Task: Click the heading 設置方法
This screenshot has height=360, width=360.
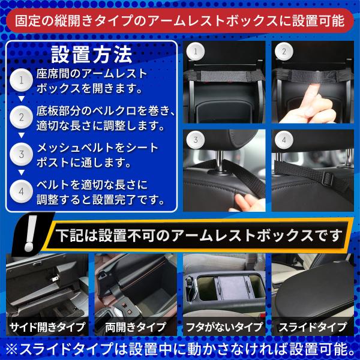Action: tap(92, 55)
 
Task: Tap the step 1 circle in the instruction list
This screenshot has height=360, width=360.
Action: tap(22, 80)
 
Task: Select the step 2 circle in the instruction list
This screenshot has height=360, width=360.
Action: tap(22, 117)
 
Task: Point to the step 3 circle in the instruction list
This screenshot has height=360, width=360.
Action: tap(22, 154)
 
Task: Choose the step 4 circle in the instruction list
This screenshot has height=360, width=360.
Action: tap(22, 191)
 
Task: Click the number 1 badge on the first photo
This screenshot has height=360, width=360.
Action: tap(196, 52)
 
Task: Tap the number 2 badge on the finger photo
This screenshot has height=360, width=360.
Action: tap(284, 52)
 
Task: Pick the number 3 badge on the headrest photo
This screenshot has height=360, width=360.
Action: tap(196, 140)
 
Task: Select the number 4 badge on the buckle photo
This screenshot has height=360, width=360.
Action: tap(284, 140)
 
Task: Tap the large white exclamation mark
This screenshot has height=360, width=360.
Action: tap(31, 233)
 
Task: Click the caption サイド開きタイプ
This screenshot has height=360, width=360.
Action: tap(47, 327)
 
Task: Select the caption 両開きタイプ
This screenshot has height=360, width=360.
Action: tap(136, 327)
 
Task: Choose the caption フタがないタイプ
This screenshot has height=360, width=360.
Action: tap(224, 327)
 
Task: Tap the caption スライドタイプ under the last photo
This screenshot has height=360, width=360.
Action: tap(313, 327)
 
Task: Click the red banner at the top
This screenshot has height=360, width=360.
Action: tap(180, 20)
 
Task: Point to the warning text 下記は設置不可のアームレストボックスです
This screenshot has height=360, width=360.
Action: tap(199, 236)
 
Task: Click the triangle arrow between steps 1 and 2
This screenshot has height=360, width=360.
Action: tap(22, 99)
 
